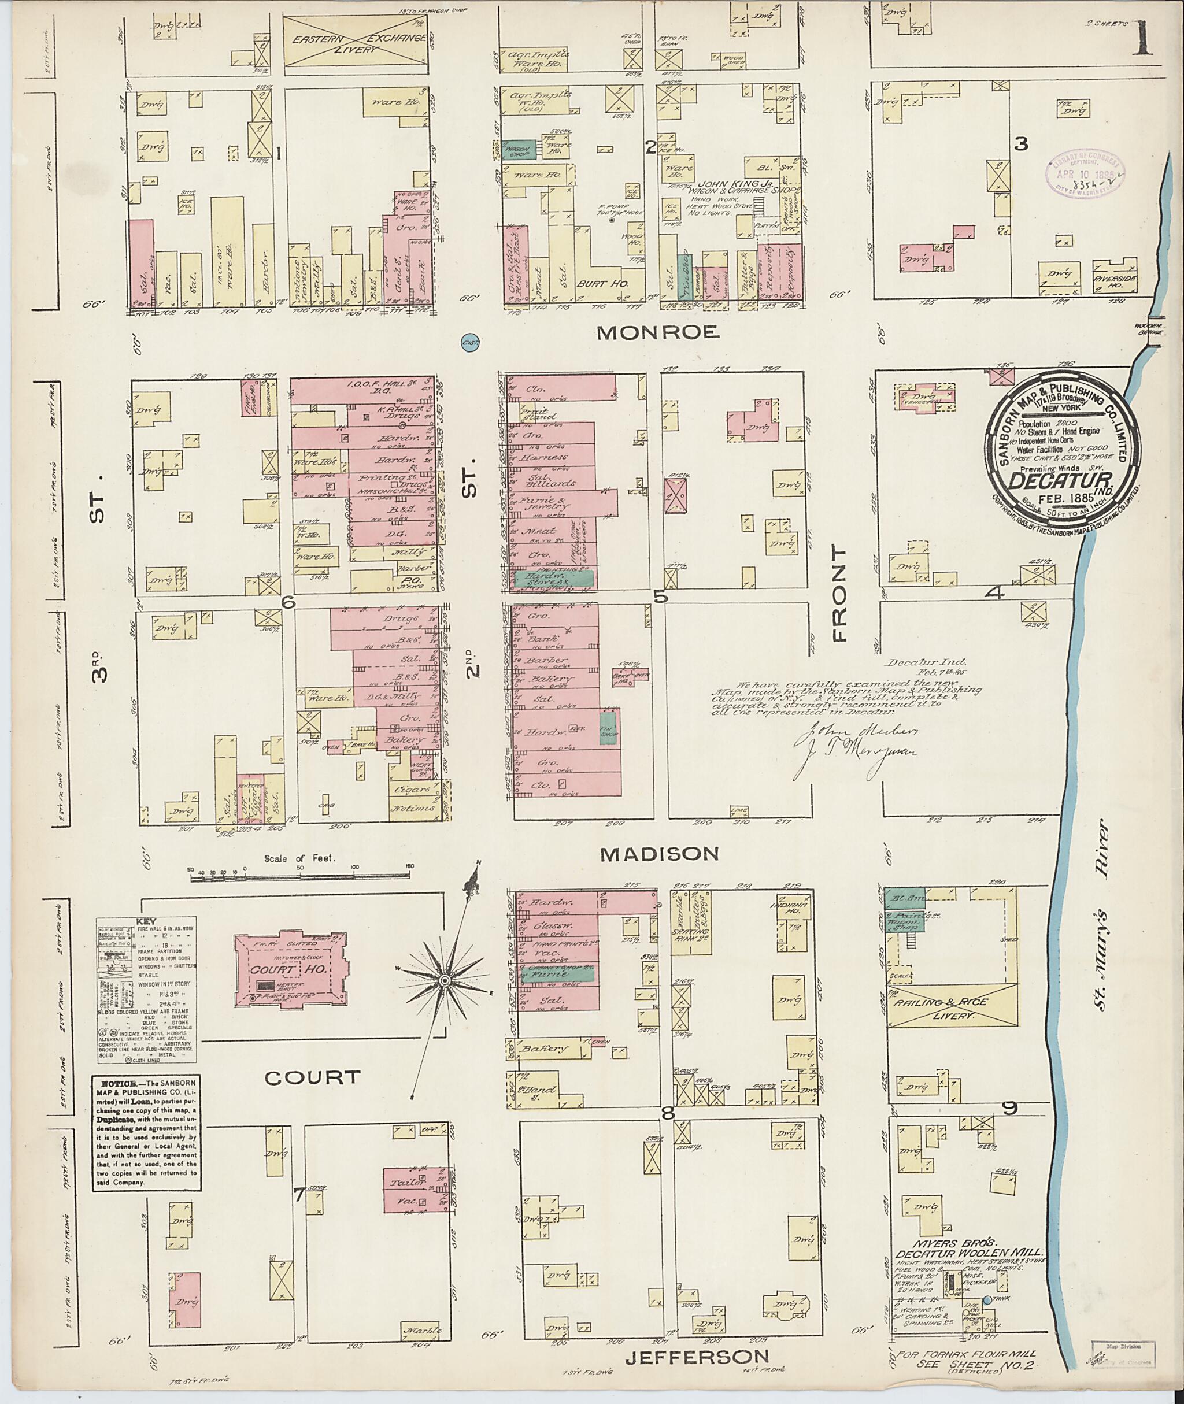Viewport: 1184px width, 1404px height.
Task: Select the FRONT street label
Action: coord(841,594)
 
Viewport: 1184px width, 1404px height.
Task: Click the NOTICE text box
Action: coord(146,1133)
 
